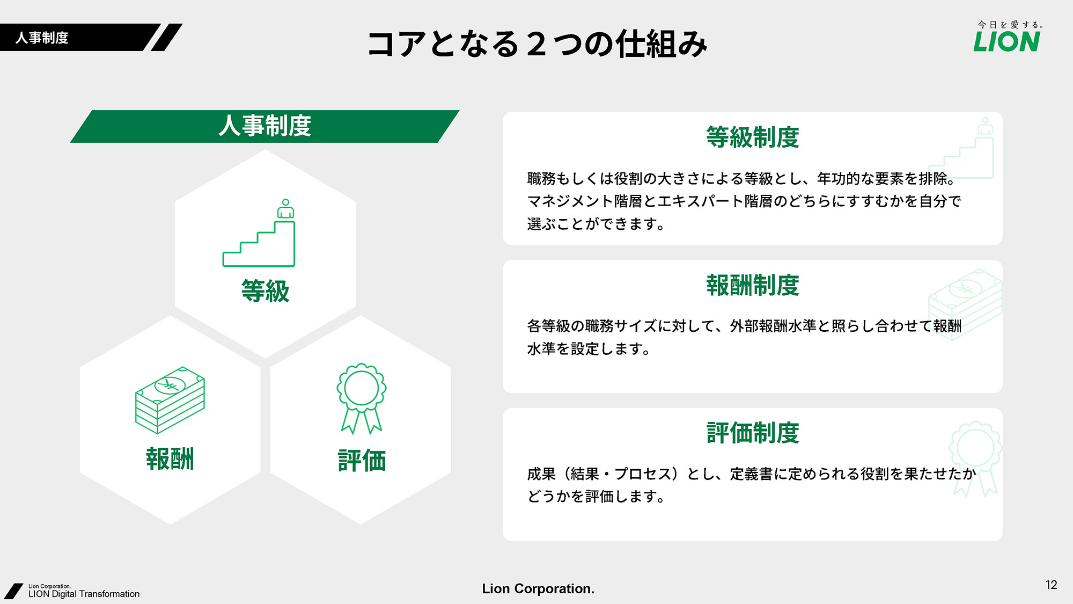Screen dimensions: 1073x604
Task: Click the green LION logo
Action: pos(1006,41)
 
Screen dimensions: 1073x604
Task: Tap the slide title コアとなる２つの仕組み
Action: pos(537,43)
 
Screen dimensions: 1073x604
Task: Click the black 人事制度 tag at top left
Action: pos(42,38)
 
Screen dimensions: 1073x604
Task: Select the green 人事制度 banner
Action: pos(264,126)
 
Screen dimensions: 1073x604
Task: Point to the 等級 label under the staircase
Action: pos(265,291)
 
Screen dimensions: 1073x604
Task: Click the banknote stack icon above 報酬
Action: pos(170,400)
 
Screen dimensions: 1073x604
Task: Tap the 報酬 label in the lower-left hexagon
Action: pos(170,459)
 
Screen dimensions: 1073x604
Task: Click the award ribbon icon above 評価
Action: pos(362,398)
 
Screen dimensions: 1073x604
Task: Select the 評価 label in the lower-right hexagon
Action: pos(362,461)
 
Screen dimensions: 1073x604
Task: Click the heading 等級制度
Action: pos(753,137)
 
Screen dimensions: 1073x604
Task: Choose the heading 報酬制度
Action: pos(753,285)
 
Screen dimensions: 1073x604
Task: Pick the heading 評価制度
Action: pos(753,433)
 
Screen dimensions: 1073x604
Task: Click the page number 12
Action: pos(1051,585)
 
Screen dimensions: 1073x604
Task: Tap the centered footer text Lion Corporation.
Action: pos(538,588)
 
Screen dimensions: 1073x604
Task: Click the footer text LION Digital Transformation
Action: pos(84,594)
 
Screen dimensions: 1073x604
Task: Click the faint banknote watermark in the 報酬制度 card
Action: pos(965,304)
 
